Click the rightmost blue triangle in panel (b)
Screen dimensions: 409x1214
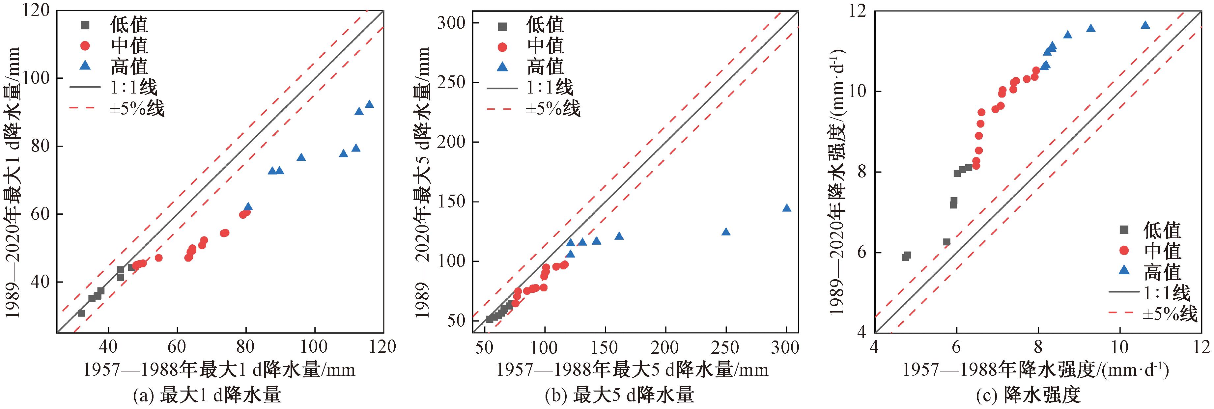(787, 208)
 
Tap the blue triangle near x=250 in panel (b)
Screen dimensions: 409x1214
(726, 232)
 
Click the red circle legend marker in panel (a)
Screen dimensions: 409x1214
(85, 46)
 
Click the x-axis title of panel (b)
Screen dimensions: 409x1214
(632, 369)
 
